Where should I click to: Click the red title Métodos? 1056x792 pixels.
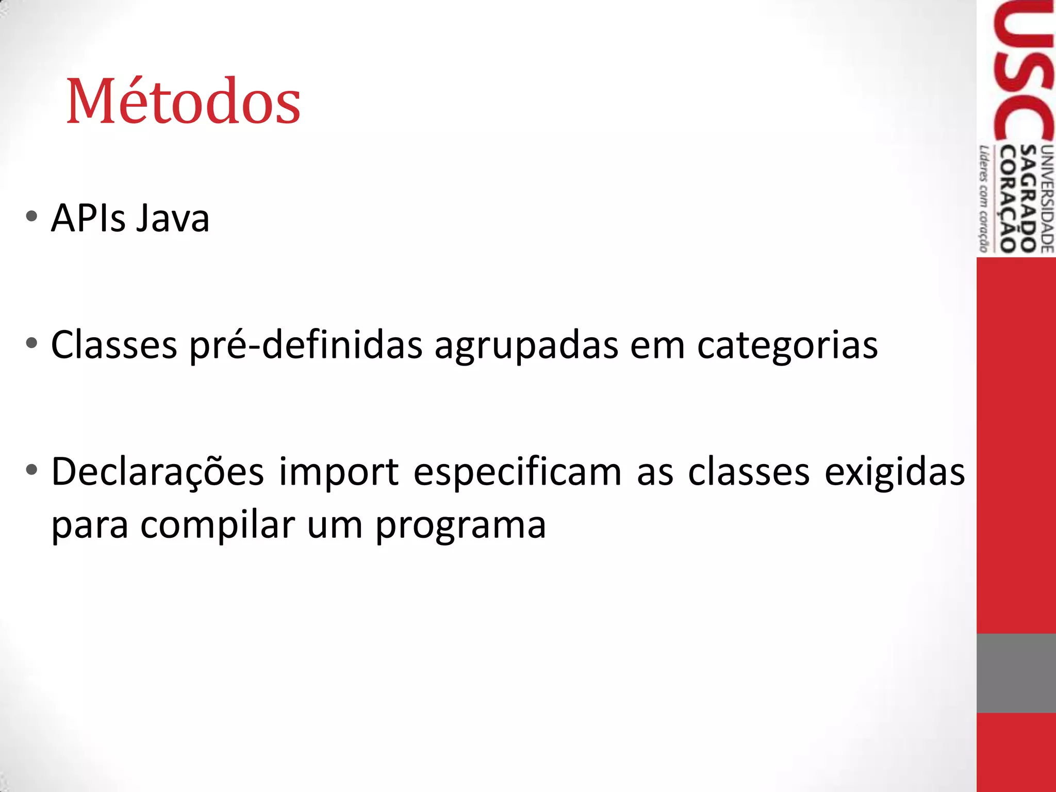[x=183, y=101]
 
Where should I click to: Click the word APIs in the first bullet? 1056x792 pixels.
[x=88, y=219]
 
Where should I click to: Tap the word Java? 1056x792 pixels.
[x=173, y=219]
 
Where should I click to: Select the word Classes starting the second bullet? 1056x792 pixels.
[x=114, y=345]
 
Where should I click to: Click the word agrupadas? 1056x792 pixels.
[x=526, y=345]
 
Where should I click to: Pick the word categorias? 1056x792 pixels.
[x=787, y=345]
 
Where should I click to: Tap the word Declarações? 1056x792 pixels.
[x=158, y=472]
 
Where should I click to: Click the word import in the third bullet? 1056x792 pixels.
[x=339, y=472]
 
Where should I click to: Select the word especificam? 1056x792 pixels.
[x=517, y=472]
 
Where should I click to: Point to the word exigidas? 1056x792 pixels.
[x=895, y=472]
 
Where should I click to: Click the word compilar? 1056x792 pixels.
[x=217, y=525]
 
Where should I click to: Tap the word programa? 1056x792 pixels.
[x=460, y=525]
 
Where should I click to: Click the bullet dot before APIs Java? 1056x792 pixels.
[x=31, y=217]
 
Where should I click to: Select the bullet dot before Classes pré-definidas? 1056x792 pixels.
[x=31, y=343]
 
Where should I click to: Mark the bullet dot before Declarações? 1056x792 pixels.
[x=31, y=470]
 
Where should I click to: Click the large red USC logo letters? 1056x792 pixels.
[x=1024, y=72]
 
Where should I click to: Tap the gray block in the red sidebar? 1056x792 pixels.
[x=1016, y=673]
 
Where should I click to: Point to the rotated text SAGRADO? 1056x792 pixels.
[x=1029, y=199]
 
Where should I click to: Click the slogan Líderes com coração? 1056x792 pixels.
[x=984, y=199]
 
